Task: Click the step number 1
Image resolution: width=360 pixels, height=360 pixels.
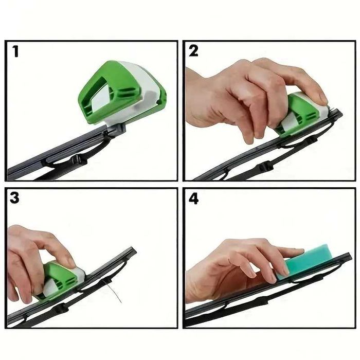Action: [16, 51]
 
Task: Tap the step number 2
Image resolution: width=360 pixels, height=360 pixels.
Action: [193, 51]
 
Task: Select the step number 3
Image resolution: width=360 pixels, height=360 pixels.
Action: [15, 199]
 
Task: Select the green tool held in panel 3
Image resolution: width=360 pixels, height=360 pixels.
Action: [59, 278]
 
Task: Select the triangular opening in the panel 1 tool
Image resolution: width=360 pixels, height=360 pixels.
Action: [103, 98]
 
